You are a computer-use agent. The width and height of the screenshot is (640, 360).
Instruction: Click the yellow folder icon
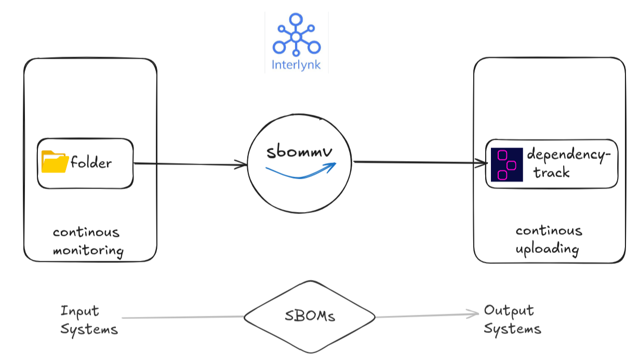(55, 162)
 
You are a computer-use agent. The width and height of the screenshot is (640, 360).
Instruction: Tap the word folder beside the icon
(91, 163)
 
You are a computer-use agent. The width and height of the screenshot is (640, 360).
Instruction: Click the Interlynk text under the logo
(297, 65)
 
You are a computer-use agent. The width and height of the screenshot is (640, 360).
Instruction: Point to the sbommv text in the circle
(299, 152)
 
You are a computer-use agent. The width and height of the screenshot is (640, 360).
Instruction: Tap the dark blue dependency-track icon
(506, 165)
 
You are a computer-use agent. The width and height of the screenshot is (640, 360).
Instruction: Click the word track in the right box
(552, 172)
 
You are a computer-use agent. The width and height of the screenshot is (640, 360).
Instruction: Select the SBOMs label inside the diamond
(310, 317)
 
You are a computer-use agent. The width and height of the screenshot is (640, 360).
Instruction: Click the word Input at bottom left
(79, 311)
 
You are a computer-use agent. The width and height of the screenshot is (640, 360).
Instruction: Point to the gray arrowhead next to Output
(474, 313)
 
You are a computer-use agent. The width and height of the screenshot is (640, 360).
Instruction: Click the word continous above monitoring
(86, 232)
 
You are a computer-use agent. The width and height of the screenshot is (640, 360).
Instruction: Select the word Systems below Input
(89, 329)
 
